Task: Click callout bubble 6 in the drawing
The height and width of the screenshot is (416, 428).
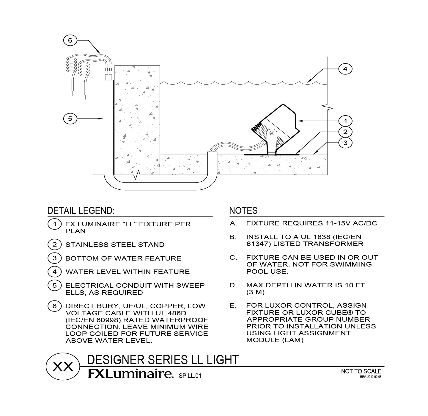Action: (x=70, y=40)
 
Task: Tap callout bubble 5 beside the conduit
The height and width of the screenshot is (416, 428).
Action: (x=70, y=119)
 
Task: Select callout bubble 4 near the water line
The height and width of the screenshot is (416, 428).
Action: (x=345, y=69)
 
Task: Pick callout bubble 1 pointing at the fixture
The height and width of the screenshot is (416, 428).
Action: (x=345, y=121)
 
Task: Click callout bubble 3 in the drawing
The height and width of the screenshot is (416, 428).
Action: (x=345, y=143)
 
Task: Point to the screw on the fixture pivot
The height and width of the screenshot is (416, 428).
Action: (x=272, y=133)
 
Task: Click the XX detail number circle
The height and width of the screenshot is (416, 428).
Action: (x=63, y=367)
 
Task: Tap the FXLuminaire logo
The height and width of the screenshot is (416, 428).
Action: (x=130, y=374)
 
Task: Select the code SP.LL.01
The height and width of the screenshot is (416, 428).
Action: (x=190, y=376)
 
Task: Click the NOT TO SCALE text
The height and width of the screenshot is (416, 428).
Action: (x=361, y=371)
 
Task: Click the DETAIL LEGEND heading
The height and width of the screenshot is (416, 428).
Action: (x=81, y=211)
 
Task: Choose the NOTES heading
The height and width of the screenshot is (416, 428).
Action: (x=243, y=211)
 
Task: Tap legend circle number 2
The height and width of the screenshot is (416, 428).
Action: (x=54, y=244)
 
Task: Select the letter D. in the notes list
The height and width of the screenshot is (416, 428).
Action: (x=233, y=285)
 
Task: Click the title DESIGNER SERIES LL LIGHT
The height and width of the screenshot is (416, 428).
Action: (x=163, y=360)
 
